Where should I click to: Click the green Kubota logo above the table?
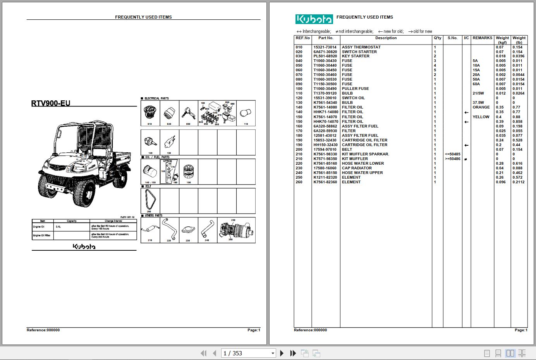314,19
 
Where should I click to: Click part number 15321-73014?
325,47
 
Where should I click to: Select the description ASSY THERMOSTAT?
361,47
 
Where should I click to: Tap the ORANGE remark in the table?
481,107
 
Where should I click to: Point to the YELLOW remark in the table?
481,117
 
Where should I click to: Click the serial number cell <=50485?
452,154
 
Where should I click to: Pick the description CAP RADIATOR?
357,168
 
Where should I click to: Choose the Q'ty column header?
437,38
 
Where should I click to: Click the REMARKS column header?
482,38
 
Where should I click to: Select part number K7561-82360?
325,182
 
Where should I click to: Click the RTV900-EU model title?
51,103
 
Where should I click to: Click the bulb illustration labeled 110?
246,112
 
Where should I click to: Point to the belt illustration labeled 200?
150,200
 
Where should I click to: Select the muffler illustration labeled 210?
150,230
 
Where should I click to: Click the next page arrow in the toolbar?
282,353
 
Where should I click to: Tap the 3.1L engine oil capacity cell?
58,227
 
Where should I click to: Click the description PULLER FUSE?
355,89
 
